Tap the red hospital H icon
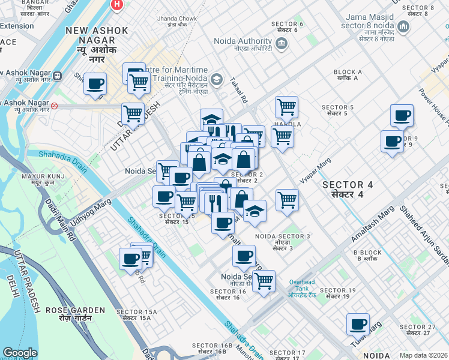point(117,5)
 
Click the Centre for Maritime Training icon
point(216,79)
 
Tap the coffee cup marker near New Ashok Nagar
point(95,84)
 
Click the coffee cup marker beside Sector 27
point(358,325)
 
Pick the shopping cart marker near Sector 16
point(264,281)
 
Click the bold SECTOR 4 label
point(351,190)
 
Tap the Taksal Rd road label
point(240,92)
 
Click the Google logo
point(20,353)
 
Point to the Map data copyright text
point(423,355)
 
